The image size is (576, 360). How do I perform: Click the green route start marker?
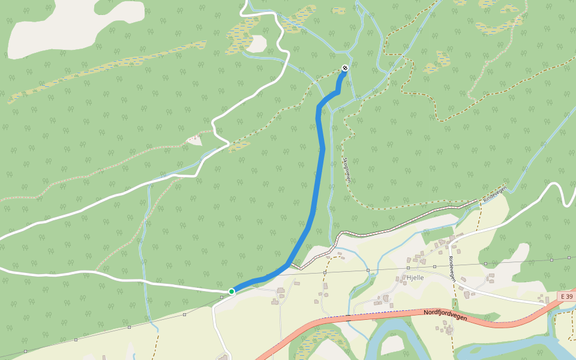[x=232, y=292]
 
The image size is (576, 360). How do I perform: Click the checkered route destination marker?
[x=345, y=68]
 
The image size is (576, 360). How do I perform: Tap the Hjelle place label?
[x=415, y=278]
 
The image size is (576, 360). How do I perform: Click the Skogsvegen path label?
[x=346, y=170]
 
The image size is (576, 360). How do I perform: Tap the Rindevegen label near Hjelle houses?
[x=452, y=269]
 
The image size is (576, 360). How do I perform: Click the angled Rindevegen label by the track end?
[x=495, y=193]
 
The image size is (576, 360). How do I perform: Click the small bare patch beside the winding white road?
[x=259, y=43]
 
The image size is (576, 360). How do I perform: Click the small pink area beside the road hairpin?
[x=194, y=139]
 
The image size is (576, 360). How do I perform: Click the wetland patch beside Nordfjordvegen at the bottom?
[x=312, y=344]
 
